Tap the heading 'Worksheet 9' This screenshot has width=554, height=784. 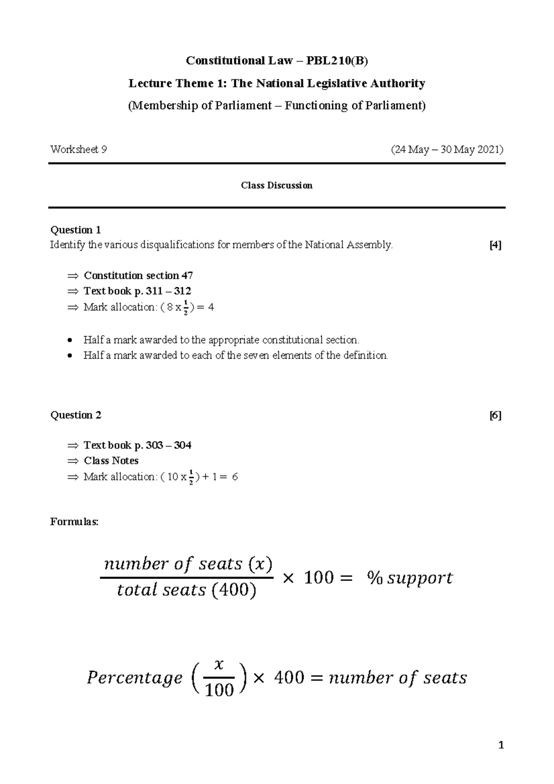tap(78, 150)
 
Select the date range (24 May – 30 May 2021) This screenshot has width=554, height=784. tap(447, 150)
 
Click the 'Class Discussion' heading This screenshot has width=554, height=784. tap(277, 185)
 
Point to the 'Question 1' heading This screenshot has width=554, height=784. tap(75, 230)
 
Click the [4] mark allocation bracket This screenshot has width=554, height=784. tap(495, 245)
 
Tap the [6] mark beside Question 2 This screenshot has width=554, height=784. tap(495, 415)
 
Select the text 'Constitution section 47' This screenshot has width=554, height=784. tap(138, 276)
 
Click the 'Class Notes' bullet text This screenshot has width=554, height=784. tap(111, 460)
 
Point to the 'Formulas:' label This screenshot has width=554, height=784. tap(74, 522)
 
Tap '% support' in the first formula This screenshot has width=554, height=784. tap(409, 578)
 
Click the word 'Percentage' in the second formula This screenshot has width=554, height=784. tap(134, 678)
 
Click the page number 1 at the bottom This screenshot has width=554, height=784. tap(501, 745)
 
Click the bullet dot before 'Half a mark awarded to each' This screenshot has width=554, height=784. tap(69, 356)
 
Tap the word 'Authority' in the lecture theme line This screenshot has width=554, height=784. tap(401, 84)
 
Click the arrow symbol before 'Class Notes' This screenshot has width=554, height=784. tap(73, 461)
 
